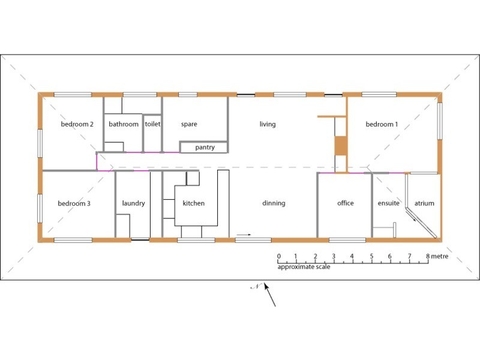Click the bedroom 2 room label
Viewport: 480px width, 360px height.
point(77,125)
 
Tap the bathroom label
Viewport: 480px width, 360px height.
point(124,125)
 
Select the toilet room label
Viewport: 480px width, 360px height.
point(152,125)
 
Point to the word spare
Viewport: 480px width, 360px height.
point(189,125)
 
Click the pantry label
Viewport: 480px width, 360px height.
point(203,147)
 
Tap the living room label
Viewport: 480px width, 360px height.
point(268,125)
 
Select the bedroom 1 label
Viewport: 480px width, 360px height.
point(382,125)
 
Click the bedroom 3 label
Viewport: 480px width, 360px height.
point(74,203)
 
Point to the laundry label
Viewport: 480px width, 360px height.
point(133,203)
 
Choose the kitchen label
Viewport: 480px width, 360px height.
point(194,203)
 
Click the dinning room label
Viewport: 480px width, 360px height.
point(274,203)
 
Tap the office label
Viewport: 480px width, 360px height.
point(346,203)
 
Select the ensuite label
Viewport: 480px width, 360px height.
point(388,203)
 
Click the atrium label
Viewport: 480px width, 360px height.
point(424,203)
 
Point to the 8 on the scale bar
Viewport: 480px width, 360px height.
point(428,257)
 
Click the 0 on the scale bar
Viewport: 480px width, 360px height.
point(278,257)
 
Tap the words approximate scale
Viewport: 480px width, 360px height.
point(304,267)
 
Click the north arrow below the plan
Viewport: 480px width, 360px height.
point(269,295)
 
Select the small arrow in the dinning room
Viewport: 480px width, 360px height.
point(244,235)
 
